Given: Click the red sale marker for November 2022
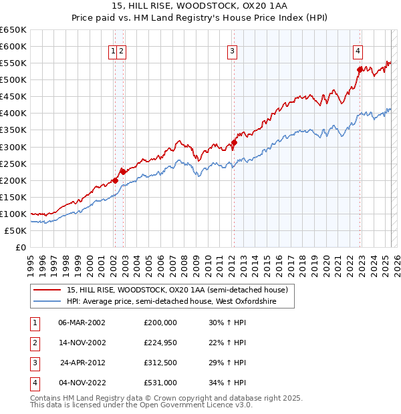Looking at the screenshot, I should pos(360,69).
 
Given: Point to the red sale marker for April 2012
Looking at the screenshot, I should pos(235,142).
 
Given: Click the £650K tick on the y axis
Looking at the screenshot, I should pos(13,30).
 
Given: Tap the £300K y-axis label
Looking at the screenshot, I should pos(13,147).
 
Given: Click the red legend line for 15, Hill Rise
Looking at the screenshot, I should pos(48,290).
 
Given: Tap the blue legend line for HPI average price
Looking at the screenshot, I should pos(48,302).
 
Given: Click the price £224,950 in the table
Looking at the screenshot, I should pos(160,343).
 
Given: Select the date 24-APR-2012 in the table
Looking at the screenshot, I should pos(83,363).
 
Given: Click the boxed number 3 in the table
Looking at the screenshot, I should pos(35,363).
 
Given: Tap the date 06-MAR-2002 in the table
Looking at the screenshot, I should pos(83,323).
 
